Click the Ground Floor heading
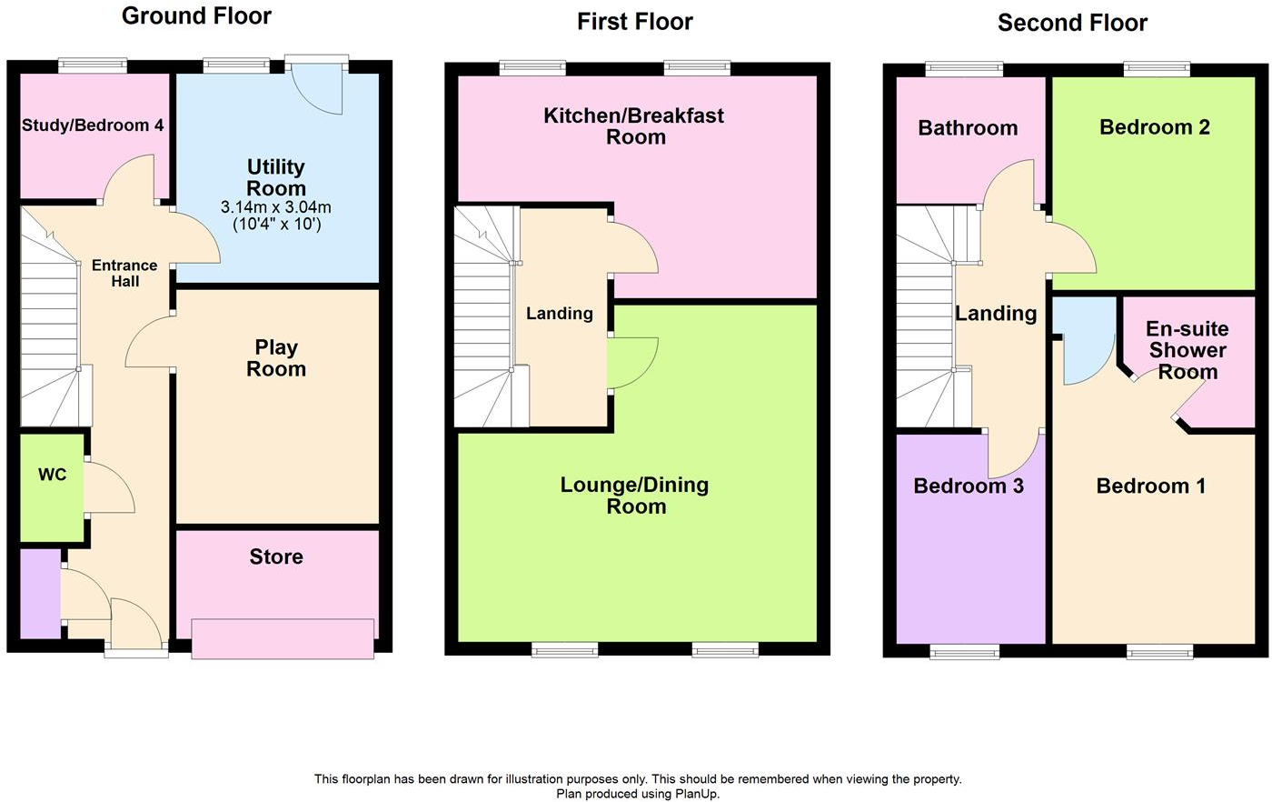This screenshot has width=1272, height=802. coord(196,15)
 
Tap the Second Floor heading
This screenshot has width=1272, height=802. coord(1072,23)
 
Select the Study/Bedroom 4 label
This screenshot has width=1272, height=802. coord(93,125)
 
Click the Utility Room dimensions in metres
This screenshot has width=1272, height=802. coord(276,207)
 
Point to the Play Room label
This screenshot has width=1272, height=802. coord(276,358)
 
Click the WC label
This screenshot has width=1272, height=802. coord(52,475)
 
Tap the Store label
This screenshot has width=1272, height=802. coord(276,556)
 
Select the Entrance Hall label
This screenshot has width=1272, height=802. coord(124,274)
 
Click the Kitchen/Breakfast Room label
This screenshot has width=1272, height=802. coord(634,126)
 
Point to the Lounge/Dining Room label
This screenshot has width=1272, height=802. coord(635,496)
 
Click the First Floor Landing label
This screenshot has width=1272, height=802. coord(560,314)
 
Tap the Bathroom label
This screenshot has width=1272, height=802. coord(968,128)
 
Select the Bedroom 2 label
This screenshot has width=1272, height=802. coord(1154,127)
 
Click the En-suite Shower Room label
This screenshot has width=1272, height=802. coord(1187,350)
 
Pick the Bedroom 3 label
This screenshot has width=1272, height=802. coord(968,486)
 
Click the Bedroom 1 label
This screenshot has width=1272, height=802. coord(1150,486)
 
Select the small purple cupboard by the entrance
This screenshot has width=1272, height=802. coord(39,593)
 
